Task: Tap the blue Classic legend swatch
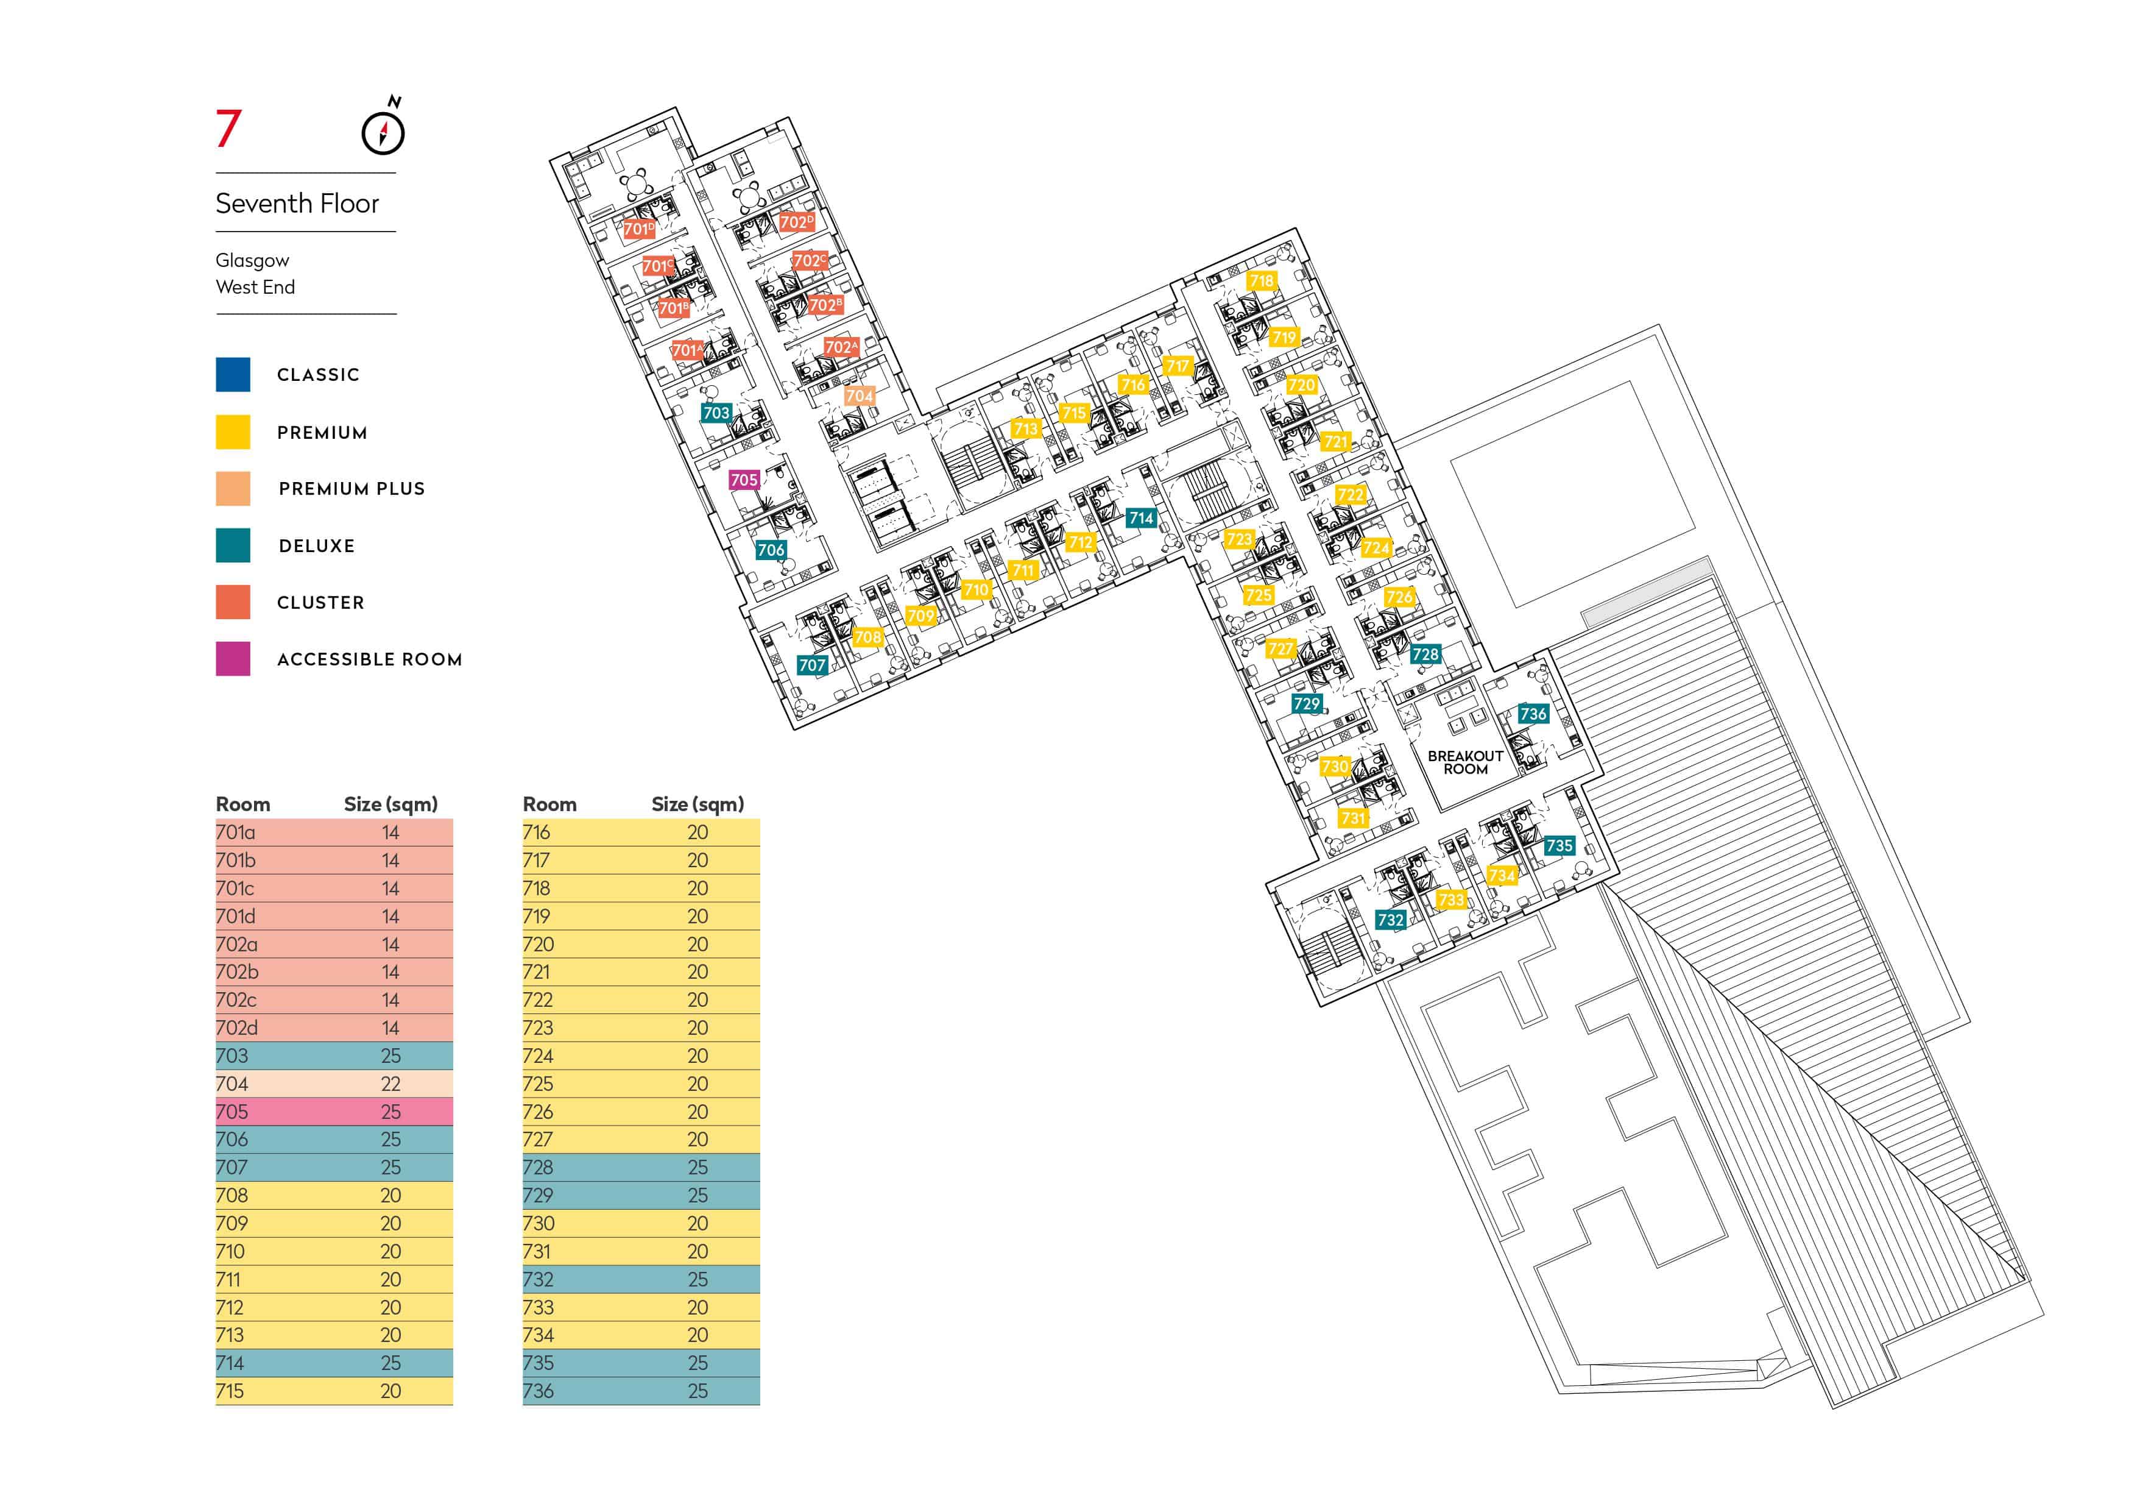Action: pos(233,374)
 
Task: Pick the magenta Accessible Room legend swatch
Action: pos(233,658)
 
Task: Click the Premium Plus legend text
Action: pos(352,489)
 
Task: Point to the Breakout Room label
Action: pos(1465,762)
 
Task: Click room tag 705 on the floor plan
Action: pos(744,480)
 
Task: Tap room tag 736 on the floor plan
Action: pos(1533,714)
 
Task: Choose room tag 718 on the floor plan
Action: pos(1261,281)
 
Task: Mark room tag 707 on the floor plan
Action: pos(811,665)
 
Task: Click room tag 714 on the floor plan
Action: pos(1141,519)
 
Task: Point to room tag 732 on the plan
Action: pos(1391,920)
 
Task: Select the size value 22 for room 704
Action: pos(391,1084)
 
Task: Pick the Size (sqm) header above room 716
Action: pos(698,804)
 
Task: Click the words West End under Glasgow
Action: pos(255,287)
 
